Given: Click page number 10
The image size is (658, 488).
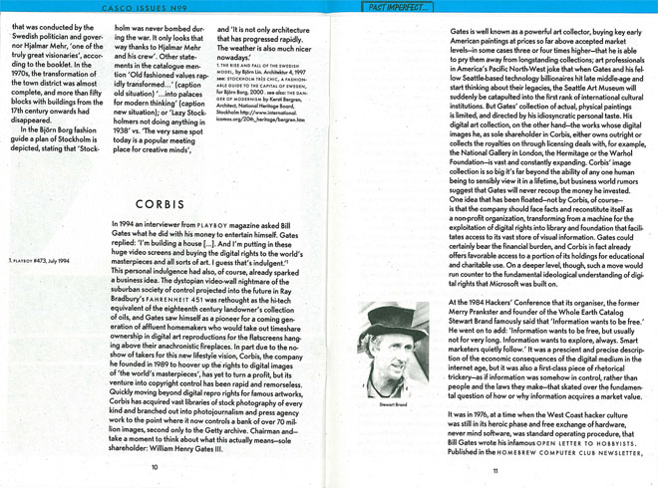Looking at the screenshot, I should tap(155, 466).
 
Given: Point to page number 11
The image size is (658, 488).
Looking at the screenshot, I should tap(493, 470).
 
